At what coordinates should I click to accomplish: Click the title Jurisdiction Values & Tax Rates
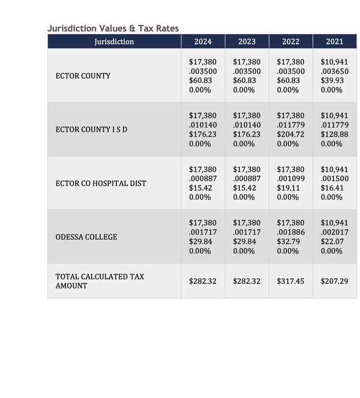(113, 28)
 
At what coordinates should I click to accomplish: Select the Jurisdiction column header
(114, 42)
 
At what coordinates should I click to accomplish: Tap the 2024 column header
(203, 42)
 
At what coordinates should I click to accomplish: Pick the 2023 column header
(246, 42)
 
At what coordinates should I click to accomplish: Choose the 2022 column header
(290, 42)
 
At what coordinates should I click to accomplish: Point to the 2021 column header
(334, 42)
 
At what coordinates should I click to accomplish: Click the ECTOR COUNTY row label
(83, 76)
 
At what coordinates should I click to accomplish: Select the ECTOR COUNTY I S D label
(91, 130)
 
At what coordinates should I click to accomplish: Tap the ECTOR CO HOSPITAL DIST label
(101, 183)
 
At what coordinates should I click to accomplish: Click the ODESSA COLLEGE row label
(86, 237)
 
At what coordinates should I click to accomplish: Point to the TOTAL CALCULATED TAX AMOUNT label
(100, 281)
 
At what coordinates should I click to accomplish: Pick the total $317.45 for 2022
(290, 281)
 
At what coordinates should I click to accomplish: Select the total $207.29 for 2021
(334, 281)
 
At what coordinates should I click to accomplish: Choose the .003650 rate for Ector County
(334, 72)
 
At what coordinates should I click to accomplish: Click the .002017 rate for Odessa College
(334, 233)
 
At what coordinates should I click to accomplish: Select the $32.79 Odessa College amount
(288, 242)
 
